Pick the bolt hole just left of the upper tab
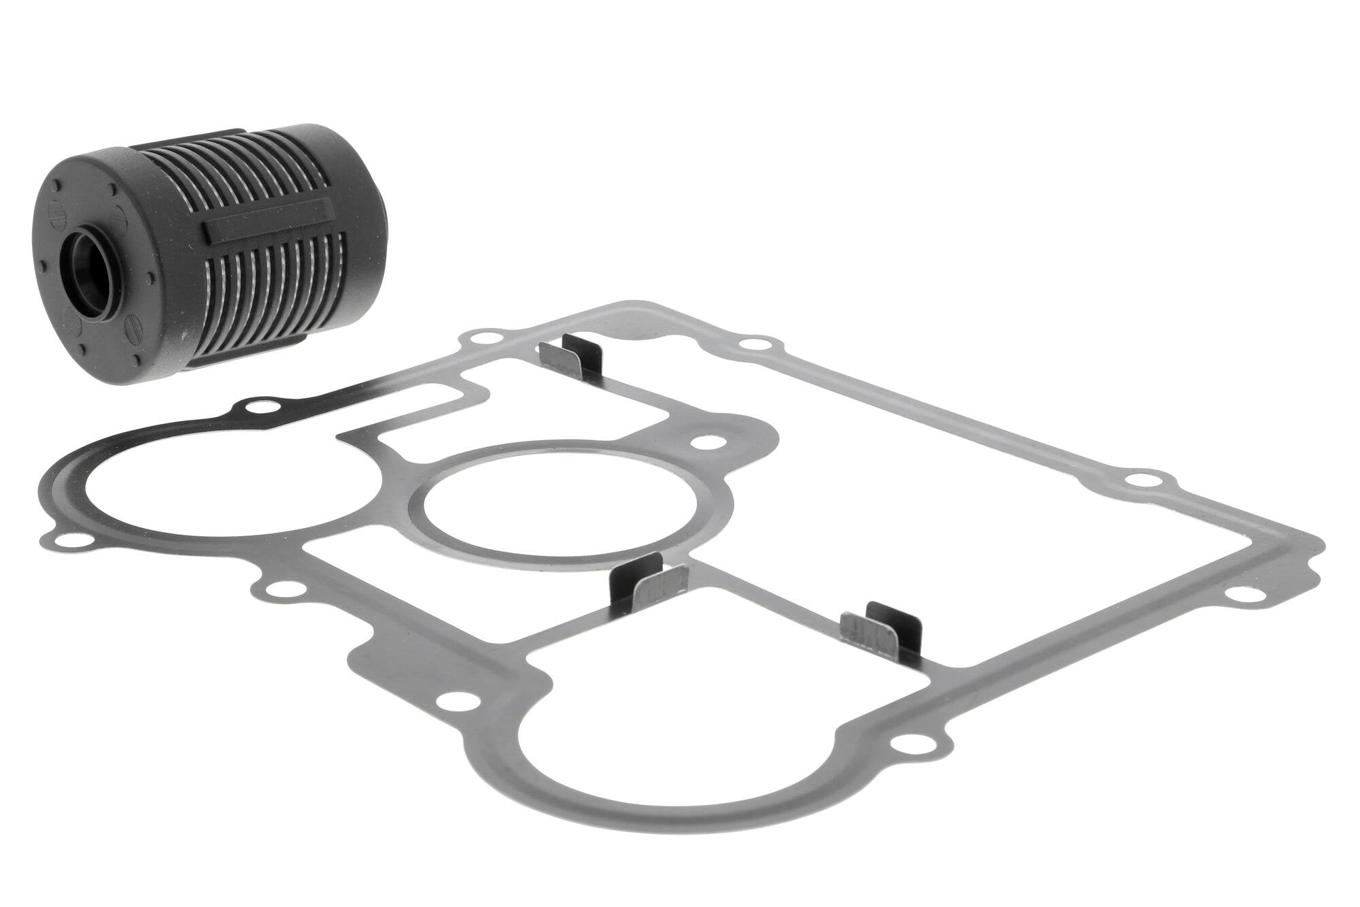pos(486,338)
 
